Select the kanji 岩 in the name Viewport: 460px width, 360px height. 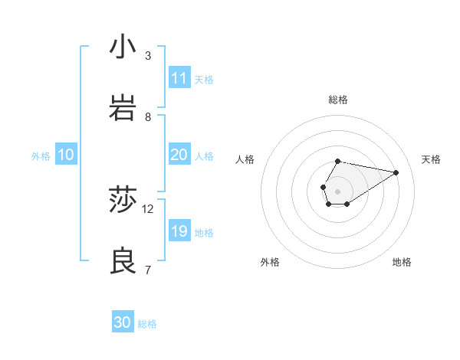(123, 110)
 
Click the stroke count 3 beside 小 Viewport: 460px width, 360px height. (148, 56)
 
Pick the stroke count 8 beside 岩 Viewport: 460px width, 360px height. (148, 117)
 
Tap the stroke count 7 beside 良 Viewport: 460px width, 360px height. (148, 270)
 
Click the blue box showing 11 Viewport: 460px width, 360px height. (179, 78)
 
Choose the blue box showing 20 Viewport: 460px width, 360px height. (179, 155)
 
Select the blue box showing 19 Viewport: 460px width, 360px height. (179, 231)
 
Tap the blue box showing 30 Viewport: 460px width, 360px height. (123, 322)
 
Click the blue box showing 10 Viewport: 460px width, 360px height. (66, 155)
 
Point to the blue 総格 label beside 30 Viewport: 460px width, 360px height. (147, 324)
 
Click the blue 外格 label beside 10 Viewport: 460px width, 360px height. (41, 155)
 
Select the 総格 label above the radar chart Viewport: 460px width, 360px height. (337, 100)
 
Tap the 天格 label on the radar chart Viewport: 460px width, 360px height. (431, 159)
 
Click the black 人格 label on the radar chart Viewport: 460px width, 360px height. (245, 159)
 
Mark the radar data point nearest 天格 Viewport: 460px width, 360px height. (396, 172)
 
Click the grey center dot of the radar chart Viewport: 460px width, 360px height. (337, 191)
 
